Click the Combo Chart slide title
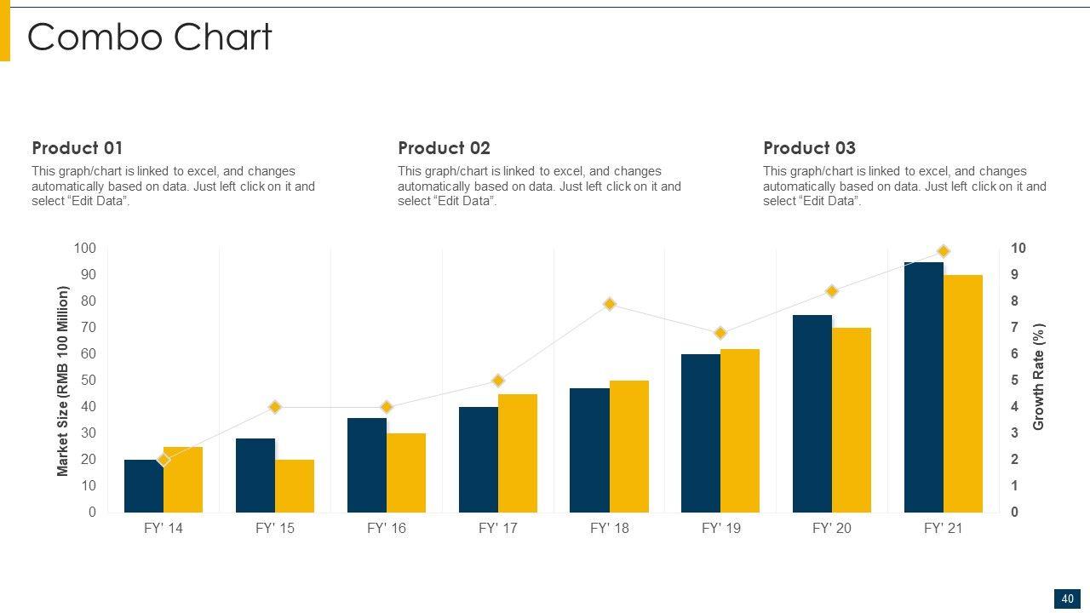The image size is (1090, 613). point(150,37)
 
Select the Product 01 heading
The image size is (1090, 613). point(77,148)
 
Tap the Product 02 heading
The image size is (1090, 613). point(444,148)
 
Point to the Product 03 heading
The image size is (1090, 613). point(809,148)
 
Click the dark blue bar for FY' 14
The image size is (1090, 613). point(143,490)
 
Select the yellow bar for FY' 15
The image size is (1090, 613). point(295,486)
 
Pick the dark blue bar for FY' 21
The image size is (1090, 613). point(924,387)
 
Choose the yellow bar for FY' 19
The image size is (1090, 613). point(740,431)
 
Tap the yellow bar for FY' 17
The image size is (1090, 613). point(518,453)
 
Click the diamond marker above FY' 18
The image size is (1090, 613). point(610,304)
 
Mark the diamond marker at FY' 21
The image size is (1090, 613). point(944,251)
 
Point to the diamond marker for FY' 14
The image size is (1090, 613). point(163,460)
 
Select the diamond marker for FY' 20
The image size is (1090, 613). point(832,291)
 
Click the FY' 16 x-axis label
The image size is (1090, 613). point(387,529)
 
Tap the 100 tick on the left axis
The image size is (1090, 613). point(85,249)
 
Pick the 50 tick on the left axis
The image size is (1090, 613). point(89,381)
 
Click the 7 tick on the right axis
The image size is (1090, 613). point(1015,328)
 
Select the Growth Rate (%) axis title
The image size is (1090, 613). point(1039,376)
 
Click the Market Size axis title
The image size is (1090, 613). point(63,381)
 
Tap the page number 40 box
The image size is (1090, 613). point(1068,599)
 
